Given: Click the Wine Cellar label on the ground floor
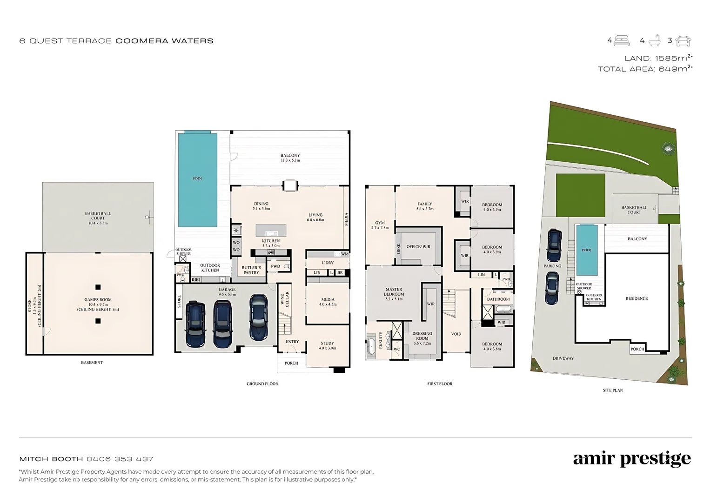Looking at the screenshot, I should click(x=284, y=299).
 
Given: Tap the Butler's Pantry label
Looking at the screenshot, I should click(x=251, y=270).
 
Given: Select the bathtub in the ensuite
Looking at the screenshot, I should click(x=371, y=347).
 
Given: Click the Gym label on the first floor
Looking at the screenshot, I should click(x=380, y=225).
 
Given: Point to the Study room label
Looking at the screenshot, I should click(x=327, y=345).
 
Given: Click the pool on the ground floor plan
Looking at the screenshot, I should click(x=197, y=179).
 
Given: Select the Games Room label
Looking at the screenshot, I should click(x=98, y=304).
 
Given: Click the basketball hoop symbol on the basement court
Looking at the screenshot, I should click(x=148, y=217).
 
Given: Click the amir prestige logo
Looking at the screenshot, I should click(x=631, y=459).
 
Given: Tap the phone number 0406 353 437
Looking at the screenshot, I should click(x=120, y=459).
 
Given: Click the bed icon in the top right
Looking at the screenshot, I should click(x=622, y=40).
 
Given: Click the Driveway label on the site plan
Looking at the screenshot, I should click(x=563, y=358).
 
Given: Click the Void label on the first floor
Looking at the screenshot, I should click(x=456, y=334).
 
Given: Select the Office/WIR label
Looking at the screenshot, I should click(x=418, y=246).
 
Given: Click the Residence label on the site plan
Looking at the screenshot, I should click(x=636, y=298).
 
